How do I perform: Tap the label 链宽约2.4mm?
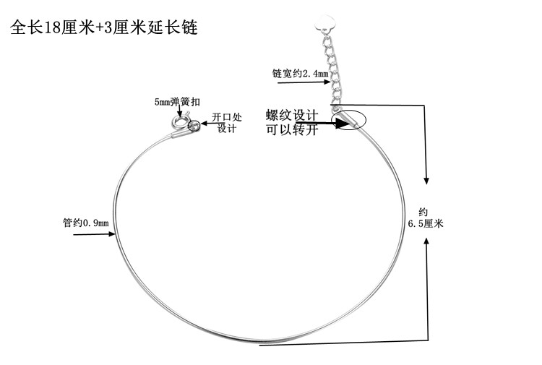[x=300, y=74]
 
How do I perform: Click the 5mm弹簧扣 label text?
[x=173, y=101]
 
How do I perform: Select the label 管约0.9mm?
[x=86, y=223]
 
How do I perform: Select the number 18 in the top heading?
[x=65, y=29]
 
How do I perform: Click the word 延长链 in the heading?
[x=173, y=29]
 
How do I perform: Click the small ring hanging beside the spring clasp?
[x=193, y=126]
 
